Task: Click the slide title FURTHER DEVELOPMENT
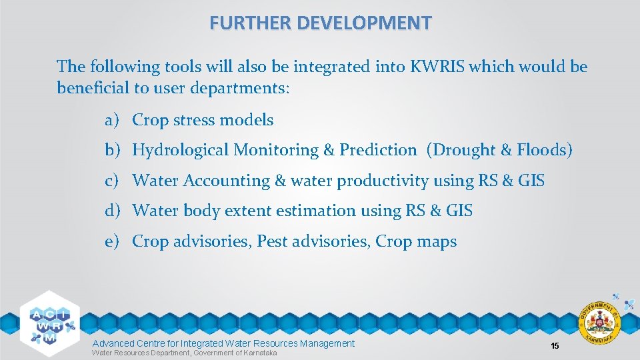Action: coord(320,23)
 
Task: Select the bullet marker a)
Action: coord(111,120)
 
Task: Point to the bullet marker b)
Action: coord(111,150)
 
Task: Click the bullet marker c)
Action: coord(111,181)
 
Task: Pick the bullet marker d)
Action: coord(111,211)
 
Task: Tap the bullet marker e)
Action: coord(111,241)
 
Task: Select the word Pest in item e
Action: coord(273,241)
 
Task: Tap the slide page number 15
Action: coord(554,345)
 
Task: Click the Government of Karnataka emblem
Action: coord(601,323)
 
